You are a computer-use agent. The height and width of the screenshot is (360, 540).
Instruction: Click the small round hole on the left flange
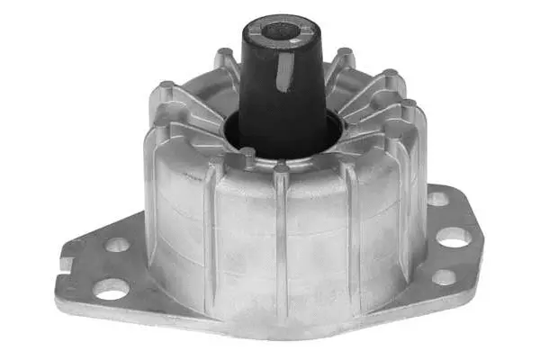116,244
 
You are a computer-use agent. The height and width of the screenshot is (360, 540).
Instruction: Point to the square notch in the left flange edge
65,262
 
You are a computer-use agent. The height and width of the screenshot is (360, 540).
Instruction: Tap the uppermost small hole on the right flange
436,199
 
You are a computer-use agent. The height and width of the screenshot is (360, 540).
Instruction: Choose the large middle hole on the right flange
454,238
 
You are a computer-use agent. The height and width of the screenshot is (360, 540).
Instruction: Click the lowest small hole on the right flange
443,277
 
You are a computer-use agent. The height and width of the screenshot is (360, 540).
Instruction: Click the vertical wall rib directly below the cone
282,234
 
